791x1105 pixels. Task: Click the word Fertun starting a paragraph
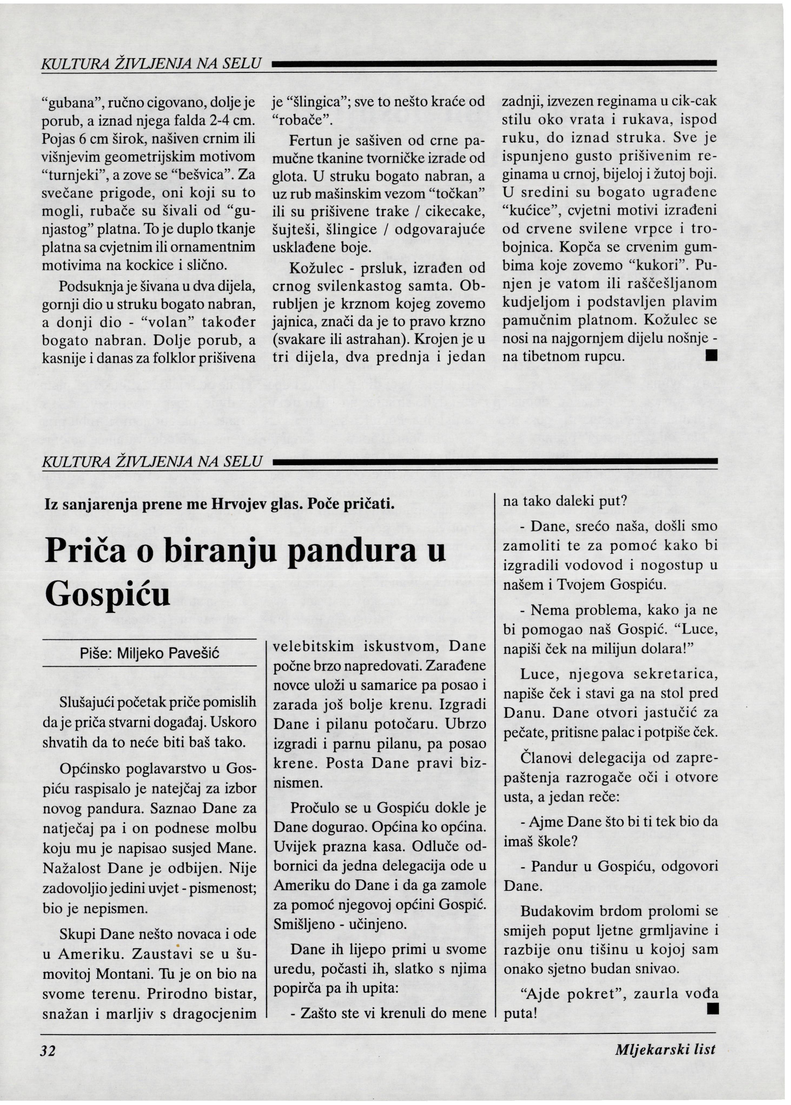point(310,141)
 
